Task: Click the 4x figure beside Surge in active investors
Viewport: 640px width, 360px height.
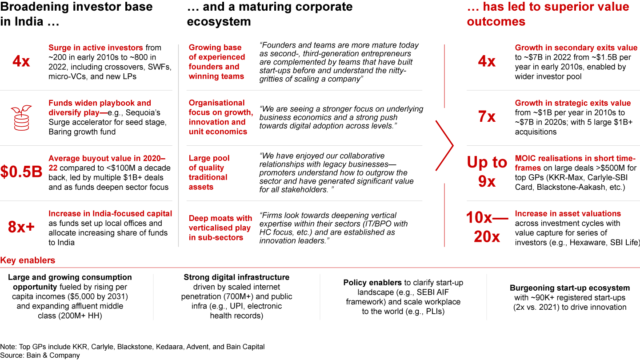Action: [x=21, y=61]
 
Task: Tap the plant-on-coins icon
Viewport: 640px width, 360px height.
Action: [x=21, y=118]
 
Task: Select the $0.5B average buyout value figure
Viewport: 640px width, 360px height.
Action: [x=21, y=172]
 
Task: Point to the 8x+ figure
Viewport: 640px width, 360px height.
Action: [x=21, y=227]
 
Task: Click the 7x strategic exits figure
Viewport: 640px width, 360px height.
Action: [x=487, y=116]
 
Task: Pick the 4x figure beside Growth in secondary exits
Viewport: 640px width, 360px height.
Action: [x=487, y=61]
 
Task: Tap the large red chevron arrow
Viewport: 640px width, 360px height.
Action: [x=444, y=146]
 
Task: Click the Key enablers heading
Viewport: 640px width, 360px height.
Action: [x=28, y=260]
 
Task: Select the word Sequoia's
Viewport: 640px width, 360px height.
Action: [x=143, y=113]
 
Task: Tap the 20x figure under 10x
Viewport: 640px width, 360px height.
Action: [x=487, y=237]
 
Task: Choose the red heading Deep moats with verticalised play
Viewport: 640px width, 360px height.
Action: [x=220, y=228]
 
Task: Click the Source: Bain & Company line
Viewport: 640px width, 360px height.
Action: [x=40, y=356]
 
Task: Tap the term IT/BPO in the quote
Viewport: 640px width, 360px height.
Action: [x=377, y=224]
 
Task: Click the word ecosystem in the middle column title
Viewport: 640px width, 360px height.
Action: [x=219, y=22]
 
